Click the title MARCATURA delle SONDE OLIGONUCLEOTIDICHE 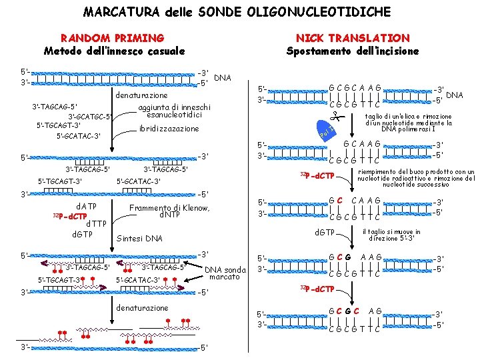pyautogui.click(x=237, y=11)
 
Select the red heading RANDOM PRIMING pyautogui.click(x=112, y=38)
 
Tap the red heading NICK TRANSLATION pyautogui.click(x=353, y=38)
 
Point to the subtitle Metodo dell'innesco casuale pyautogui.click(x=114, y=51)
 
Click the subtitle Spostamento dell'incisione pyautogui.click(x=353, y=51)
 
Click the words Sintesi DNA pyautogui.click(x=139, y=238)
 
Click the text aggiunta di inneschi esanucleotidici pyautogui.click(x=173, y=111)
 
